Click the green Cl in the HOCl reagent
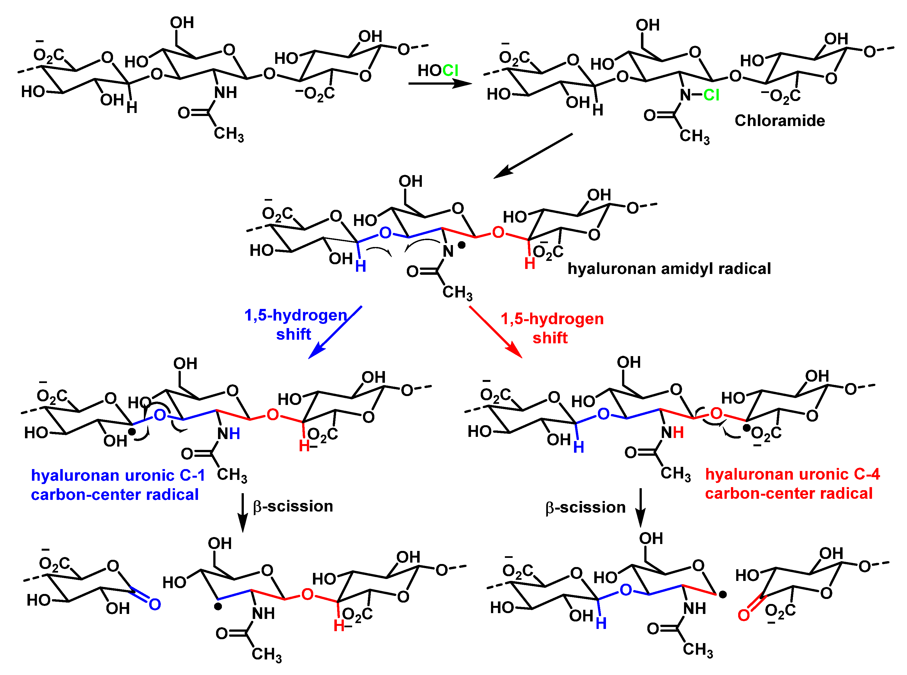(450, 71)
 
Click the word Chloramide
(780, 120)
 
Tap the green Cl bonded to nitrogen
(711, 95)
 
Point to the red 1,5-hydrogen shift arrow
(496, 332)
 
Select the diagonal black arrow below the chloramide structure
(533, 156)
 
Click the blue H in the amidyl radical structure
(360, 266)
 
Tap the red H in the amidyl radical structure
(530, 264)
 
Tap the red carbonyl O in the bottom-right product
(743, 615)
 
